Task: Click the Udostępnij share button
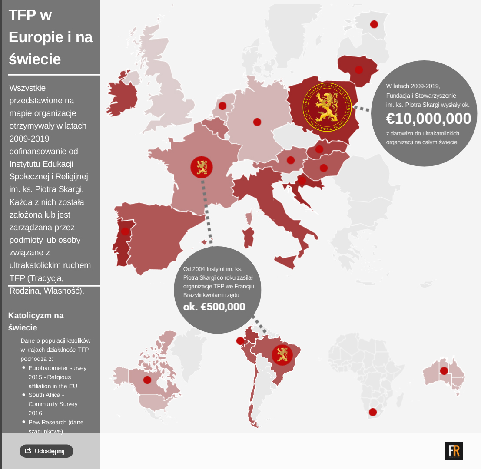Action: (x=46, y=451)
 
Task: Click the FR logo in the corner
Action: (x=454, y=451)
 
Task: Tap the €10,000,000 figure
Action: (x=428, y=119)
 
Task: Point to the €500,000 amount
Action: (x=214, y=307)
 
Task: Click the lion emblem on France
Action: (x=202, y=167)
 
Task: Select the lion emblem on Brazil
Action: (x=282, y=354)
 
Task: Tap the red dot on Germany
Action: (x=257, y=122)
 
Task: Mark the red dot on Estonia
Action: (x=374, y=24)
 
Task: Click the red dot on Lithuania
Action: (x=359, y=69)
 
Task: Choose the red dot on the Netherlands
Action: (x=222, y=106)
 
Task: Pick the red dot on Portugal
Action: (x=125, y=231)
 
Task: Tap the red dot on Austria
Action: (x=291, y=160)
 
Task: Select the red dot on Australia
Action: (x=444, y=371)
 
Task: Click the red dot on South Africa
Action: (x=372, y=412)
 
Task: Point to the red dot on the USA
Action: (x=147, y=380)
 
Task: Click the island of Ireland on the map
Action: (x=121, y=96)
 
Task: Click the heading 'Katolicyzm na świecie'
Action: (x=36, y=321)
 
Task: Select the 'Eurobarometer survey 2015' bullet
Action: (x=57, y=377)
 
